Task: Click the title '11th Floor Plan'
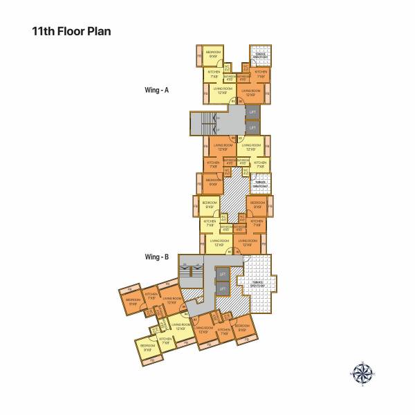(x=71, y=31)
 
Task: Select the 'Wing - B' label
(x=156, y=257)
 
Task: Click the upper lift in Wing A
(x=252, y=112)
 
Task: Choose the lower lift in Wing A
(x=252, y=128)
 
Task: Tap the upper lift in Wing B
(x=222, y=274)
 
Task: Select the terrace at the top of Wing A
(x=260, y=55)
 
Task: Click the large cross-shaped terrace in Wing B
(x=257, y=284)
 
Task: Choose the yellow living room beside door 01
(x=222, y=91)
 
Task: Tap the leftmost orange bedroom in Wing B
(x=132, y=302)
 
